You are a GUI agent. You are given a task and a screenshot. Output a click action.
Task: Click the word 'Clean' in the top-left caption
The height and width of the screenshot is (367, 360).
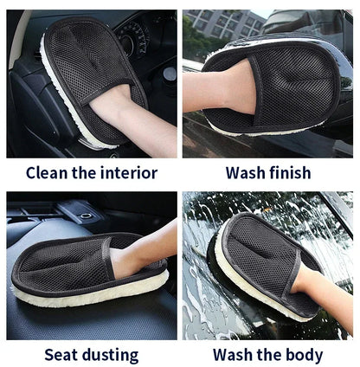(46, 172)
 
